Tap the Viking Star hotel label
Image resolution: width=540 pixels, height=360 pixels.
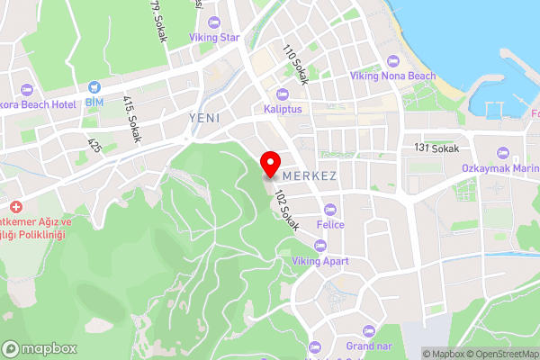point(214,38)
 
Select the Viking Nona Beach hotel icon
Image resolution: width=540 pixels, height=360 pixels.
point(391,60)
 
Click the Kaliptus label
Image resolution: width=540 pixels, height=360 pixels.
point(282,109)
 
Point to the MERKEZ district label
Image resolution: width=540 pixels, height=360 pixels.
point(310,176)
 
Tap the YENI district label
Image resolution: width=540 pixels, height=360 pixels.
point(204,118)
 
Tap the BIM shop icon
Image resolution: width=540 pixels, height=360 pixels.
point(94,87)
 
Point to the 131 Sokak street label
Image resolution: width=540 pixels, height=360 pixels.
point(436,148)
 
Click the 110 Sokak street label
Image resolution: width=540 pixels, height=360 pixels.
point(295,65)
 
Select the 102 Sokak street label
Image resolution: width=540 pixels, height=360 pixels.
point(286,209)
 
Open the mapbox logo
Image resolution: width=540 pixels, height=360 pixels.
point(40,349)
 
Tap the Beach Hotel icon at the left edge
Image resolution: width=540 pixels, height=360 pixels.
point(25,90)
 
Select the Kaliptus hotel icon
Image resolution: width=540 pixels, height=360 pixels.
point(282,94)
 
